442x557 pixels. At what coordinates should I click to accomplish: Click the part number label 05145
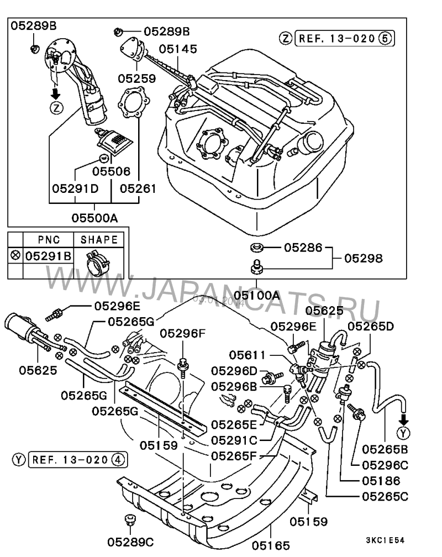tap(177, 49)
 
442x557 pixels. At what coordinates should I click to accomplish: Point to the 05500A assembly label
tap(94, 218)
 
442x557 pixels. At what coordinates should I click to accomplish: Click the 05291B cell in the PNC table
tap(49, 256)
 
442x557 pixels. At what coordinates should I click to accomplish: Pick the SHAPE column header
tap(99, 240)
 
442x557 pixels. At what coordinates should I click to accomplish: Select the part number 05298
tap(363, 258)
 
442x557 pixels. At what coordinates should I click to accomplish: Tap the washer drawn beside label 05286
tap(256, 246)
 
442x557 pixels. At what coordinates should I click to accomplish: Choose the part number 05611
tap(248, 355)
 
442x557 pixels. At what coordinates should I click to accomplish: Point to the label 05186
tap(381, 481)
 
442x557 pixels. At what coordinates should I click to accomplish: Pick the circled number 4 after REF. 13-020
tap(117, 458)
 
